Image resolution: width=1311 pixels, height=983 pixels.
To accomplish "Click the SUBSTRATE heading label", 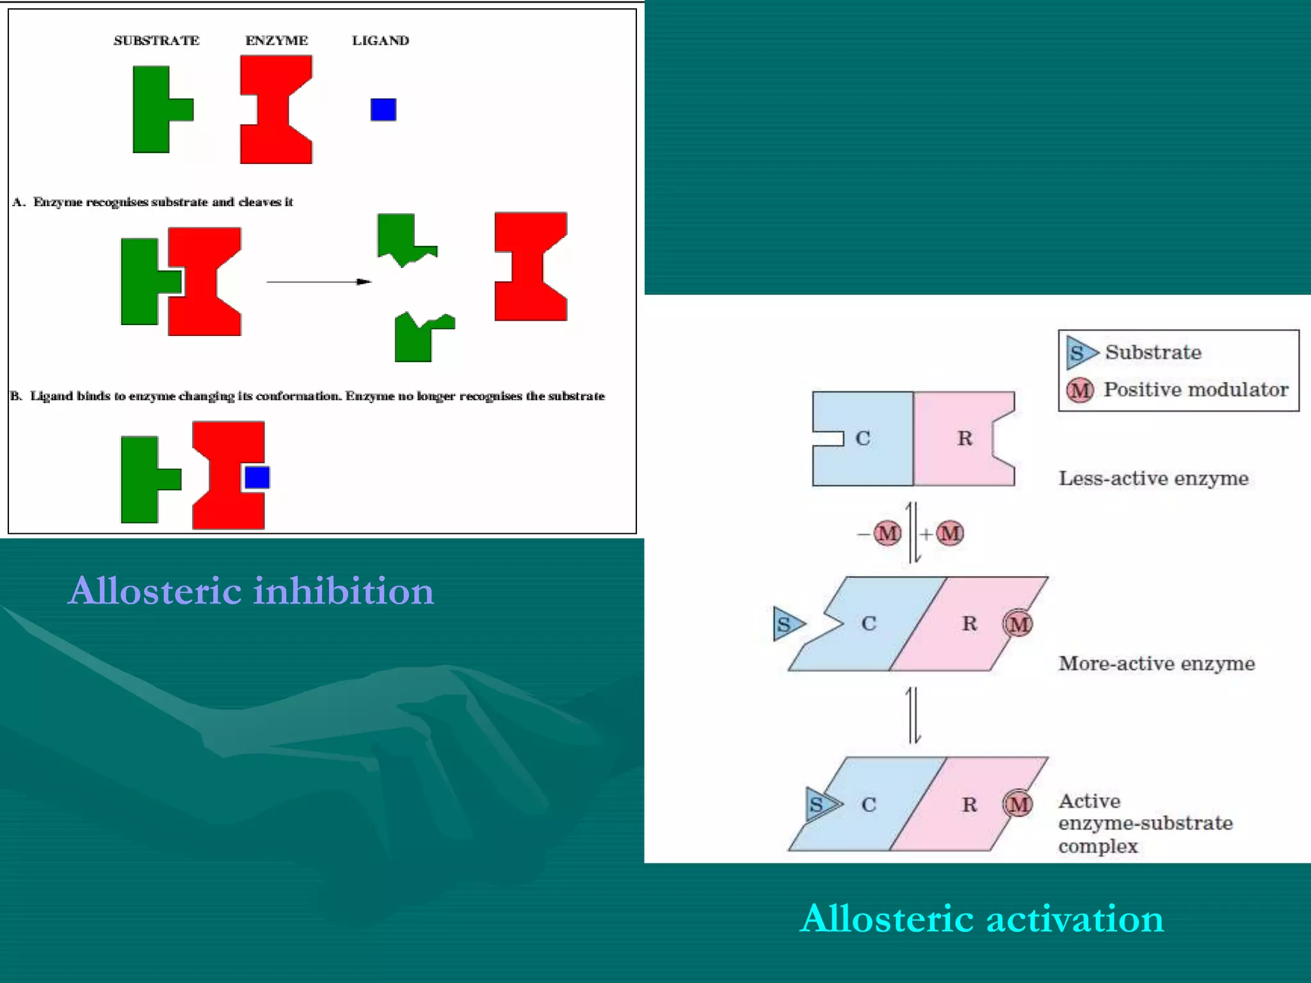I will pos(156,40).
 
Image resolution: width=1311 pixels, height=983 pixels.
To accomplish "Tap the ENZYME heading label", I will pos(277,40).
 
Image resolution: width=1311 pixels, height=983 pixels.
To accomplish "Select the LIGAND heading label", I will pos(380,40).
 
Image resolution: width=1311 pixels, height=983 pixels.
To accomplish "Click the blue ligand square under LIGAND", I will pos(383,109).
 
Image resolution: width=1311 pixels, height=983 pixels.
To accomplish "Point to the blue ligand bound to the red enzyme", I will pos(257,477).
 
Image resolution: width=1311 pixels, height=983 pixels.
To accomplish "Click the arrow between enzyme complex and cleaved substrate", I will pos(318,282).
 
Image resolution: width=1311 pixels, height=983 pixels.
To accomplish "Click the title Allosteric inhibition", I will pos(251,590).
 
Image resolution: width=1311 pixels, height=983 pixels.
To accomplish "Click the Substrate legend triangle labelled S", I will pos(1080,353).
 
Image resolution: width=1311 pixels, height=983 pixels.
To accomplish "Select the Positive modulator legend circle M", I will pos(1081,390).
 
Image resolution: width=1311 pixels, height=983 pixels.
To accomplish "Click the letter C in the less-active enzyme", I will pos(862,438).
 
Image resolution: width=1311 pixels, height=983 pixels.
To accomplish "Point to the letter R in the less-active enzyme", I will pos(965,438).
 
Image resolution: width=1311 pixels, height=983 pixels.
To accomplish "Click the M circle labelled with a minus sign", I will pos(887,533).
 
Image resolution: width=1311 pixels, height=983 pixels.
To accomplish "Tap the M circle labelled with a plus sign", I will pos(950,533).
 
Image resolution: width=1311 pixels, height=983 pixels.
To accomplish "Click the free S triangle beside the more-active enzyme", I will pos(787,624).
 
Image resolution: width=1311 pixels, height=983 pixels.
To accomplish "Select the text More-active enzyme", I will pos(1156,663).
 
